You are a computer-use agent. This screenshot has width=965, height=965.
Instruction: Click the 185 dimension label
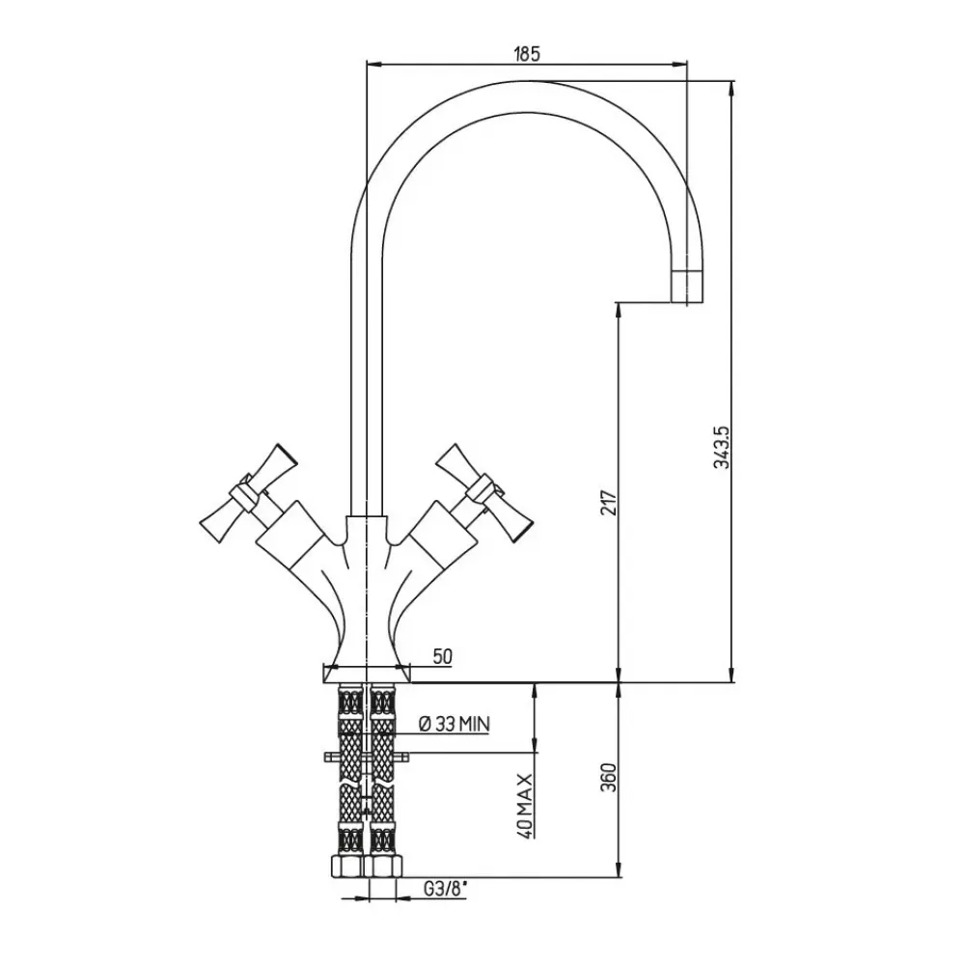(x=526, y=54)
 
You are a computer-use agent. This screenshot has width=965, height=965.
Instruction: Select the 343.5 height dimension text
(x=719, y=448)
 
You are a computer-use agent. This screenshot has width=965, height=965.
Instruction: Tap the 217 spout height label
(x=607, y=502)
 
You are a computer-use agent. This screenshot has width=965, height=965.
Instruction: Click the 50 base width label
(x=443, y=656)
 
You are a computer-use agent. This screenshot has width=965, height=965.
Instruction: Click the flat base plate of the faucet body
(x=367, y=674)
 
